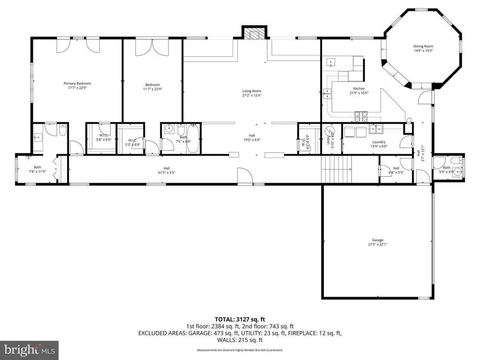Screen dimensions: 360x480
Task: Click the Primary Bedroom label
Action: [x=77, y=83]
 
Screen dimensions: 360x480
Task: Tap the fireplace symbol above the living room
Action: [x=254, y=34]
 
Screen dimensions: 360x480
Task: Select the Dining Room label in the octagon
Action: [x=423, y=46]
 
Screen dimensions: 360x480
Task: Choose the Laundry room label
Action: [x=379, y=142]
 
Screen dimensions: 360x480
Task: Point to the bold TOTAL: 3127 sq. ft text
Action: [x=240, y=320]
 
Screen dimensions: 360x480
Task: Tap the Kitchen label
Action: [x=359, y=89]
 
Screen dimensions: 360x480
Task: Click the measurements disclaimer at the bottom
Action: [x=240, y=350]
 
